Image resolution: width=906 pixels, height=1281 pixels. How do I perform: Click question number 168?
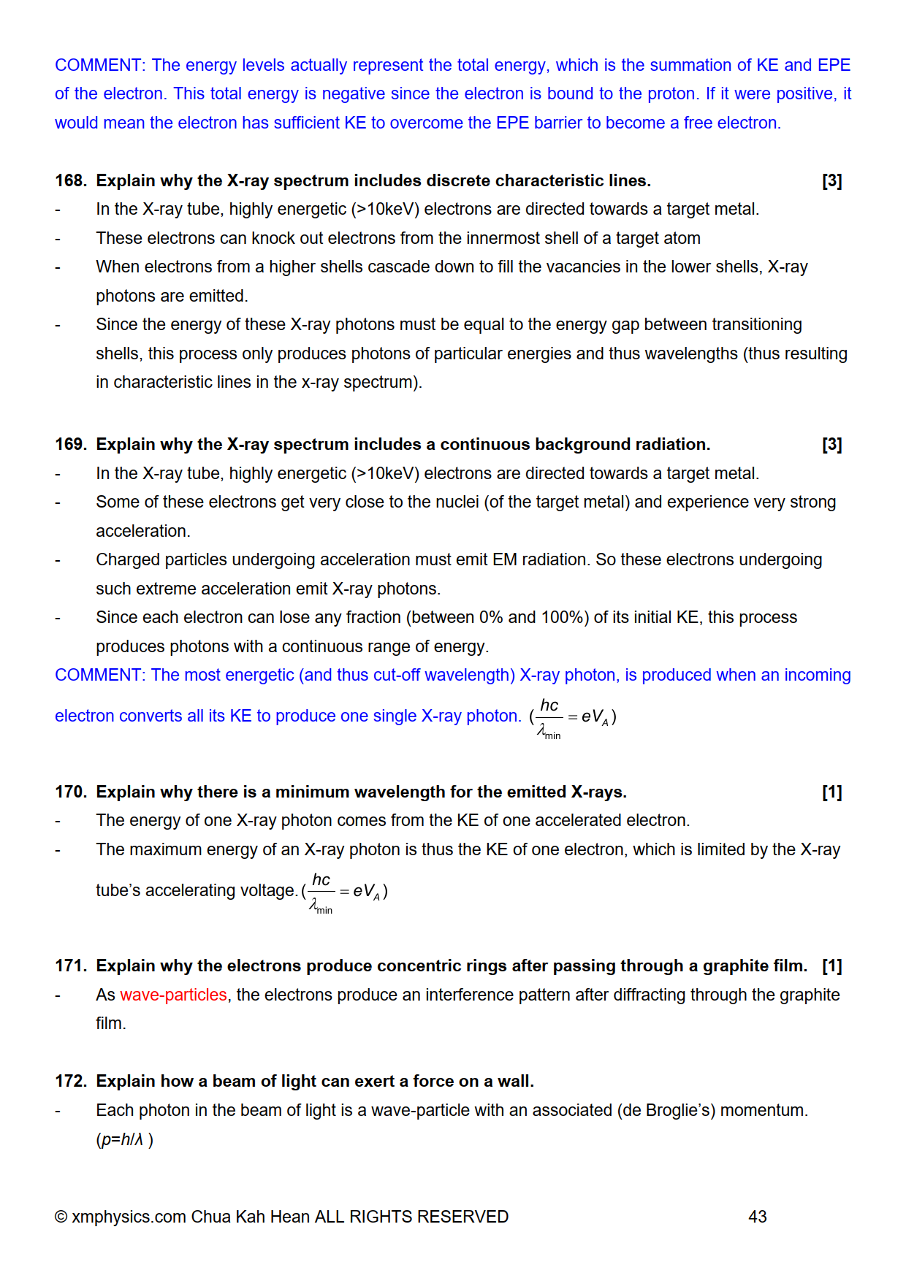(x=70, y=180)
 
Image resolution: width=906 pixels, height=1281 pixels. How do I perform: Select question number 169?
(x=70, y=444)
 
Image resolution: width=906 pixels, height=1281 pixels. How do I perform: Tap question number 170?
(x=70, y=792)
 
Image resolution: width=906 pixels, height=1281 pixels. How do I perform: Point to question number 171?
(x=70, y=965)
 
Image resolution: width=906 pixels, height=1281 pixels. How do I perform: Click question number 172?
(x=70, y=1081)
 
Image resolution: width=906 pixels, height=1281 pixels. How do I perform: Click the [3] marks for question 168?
(x=831, y=180)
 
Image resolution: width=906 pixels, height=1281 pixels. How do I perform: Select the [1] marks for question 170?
(x=831, y=792)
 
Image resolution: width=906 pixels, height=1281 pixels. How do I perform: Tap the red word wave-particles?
(x=173, y=995)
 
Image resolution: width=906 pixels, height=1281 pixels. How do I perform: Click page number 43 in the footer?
(x=757, y=1217)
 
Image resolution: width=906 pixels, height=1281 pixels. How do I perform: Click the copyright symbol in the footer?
(x=61, y=1217)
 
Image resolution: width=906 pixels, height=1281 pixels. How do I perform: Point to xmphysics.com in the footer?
(x=129, y=1217)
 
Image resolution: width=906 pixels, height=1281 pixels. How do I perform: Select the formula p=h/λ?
(x=123, y=1139)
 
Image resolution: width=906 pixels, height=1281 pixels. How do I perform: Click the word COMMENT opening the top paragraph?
(x=100, y=65)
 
